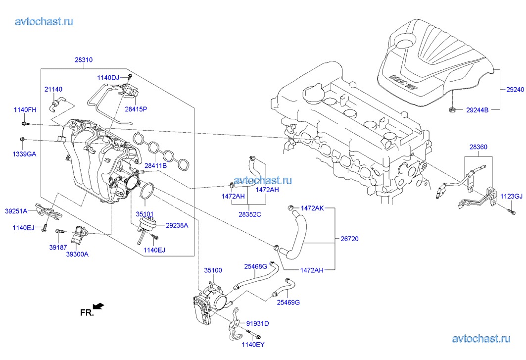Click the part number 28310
click(84, 60)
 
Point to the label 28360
click(478, 147)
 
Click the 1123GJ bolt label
click(511, 197)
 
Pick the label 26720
click(349, 239)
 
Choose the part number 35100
click(213, 271)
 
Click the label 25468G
click(255, 266)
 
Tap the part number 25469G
click(288, 302)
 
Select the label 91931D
click(258, 323)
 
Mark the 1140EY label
click(252, 345)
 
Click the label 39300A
click(78, 254)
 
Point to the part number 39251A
click(16, 211)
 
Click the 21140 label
click(53, 89)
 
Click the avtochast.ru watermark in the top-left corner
click(45, 21)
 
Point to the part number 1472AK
click(312, 208)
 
